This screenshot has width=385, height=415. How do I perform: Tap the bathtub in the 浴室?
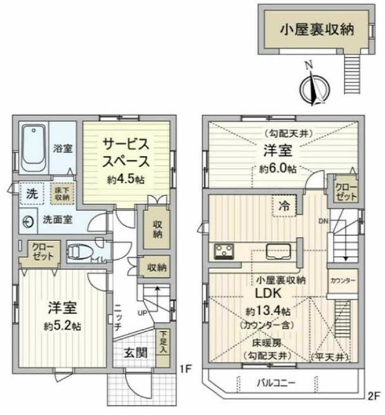click(34, 148)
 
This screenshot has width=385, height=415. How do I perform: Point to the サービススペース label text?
click(126, 152)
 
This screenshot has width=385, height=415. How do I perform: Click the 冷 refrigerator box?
click(284, 205)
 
